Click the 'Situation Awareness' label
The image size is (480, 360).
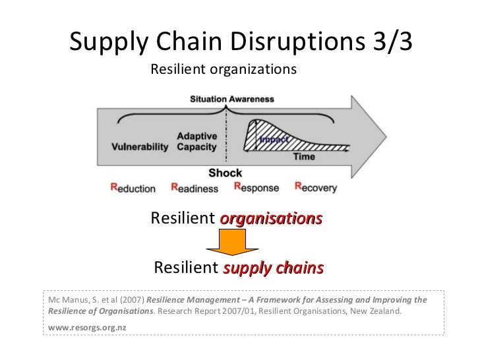tap(232, 99)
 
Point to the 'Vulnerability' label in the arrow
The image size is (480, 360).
tap(139, 146)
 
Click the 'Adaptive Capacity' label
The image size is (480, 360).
tap(196, 141)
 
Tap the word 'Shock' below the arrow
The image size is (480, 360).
tap(225, 173)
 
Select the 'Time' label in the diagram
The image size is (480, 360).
tap(304, 157)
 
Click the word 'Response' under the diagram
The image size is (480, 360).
tap(258, 188)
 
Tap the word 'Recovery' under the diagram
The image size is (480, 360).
tap(316, 188)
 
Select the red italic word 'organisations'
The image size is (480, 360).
tap(271, 218)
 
